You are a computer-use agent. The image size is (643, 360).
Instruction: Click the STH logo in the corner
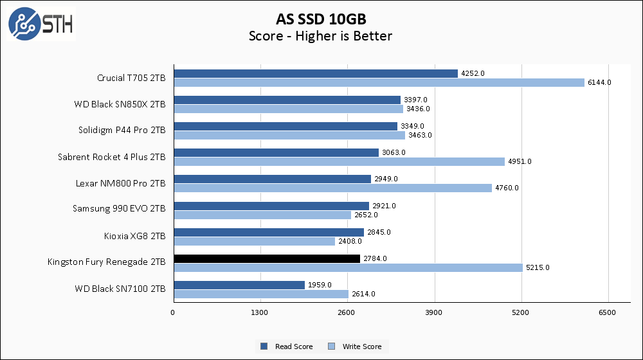(x=41, y=24)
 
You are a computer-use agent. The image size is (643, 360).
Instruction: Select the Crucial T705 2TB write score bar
(x=379, y=82)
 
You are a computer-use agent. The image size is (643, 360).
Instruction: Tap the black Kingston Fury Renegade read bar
(x=267, y=258)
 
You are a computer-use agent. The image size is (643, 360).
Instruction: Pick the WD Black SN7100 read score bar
(x=239, y=285)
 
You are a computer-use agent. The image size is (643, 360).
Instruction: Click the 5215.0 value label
(x=537, y=267)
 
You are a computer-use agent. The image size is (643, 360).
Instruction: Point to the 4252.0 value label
(x=473, y=73)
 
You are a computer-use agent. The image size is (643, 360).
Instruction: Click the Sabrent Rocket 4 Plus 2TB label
(x=111, y=157)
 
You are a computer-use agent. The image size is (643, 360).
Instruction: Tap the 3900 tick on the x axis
(x=435, y=312)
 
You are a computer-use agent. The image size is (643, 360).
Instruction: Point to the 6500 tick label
(x=608, y=312)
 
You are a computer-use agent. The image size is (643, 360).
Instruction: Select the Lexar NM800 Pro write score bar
(x=332, y=188)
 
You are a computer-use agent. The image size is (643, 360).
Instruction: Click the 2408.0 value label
(x=350, y=241)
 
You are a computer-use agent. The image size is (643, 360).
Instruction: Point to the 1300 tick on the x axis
(x=260, y=312)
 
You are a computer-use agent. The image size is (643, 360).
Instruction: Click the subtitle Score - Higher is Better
(x=320, y=36)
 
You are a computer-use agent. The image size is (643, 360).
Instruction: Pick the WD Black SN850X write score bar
(x=288, y=109)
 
